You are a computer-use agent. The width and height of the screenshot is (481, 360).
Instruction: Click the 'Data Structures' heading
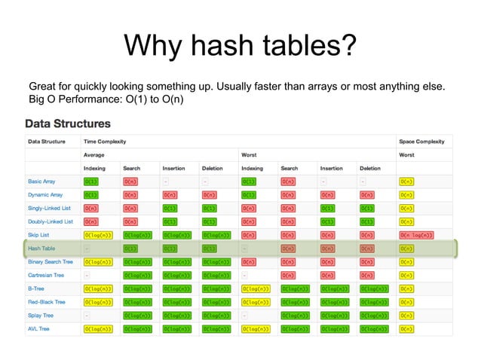click(x=68, y=124)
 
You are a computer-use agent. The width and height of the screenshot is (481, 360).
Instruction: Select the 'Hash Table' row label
click(x=41, y=248)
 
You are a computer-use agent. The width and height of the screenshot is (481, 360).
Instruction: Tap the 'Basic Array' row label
click(x=44, y=182)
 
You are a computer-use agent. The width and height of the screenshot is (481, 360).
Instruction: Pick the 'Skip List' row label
click(x=39, y=235)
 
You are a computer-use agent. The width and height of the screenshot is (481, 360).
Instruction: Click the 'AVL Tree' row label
click(x=40, y=328)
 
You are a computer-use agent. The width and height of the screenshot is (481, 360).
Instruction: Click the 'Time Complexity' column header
click(x=105, y=141)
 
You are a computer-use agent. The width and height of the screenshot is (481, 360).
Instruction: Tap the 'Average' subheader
click(x=93, y=154)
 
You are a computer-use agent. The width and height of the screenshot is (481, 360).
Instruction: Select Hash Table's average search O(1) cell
click(x=130, y=249)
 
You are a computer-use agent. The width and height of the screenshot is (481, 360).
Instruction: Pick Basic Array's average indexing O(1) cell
click(x=91, y=182)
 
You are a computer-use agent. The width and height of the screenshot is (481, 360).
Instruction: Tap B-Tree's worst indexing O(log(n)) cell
click(x=258, y=288)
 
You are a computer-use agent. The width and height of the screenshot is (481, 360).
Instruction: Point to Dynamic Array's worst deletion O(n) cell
click(x=368, y=195)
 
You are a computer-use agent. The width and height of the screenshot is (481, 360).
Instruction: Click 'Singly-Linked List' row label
click(x=50, y=208)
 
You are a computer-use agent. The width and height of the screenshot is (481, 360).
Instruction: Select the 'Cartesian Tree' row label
click(x=47, y=275)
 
